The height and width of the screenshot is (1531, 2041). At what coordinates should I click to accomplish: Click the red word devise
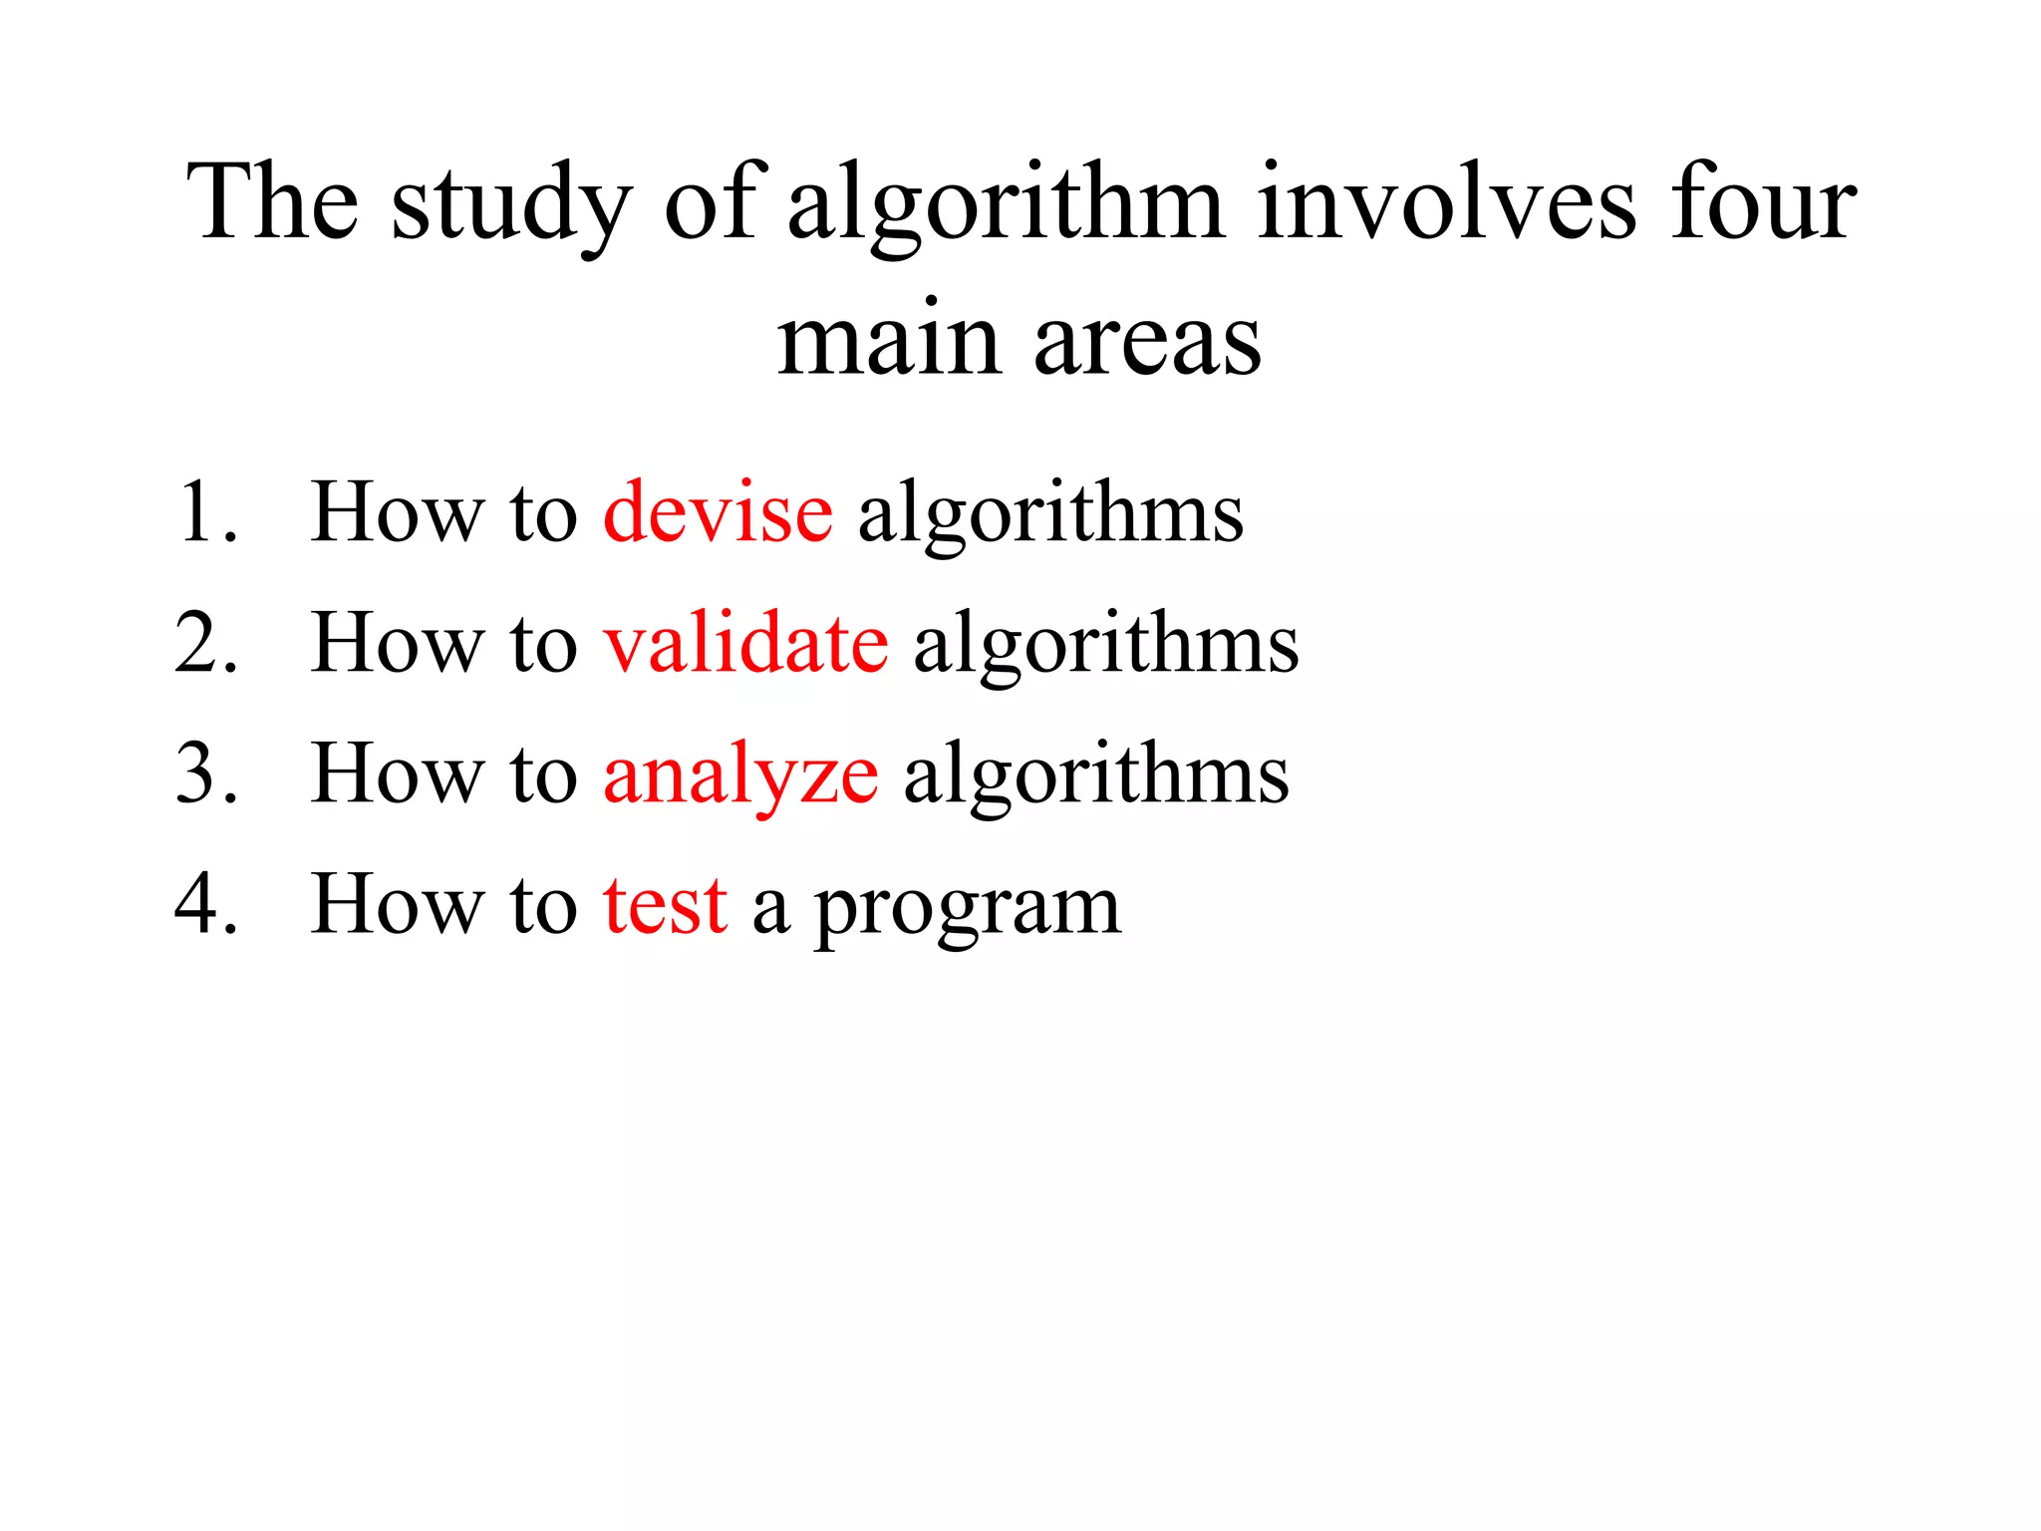pos(718,512)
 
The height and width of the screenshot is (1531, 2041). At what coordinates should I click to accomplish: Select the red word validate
pos(745,643)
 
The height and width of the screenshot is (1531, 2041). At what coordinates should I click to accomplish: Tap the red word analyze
pos(740,775)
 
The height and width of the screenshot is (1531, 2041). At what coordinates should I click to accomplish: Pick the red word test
pos(665,905)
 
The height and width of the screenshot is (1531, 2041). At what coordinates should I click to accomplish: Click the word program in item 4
pos(967,909)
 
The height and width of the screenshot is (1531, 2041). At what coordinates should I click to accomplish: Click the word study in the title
pos(511,205)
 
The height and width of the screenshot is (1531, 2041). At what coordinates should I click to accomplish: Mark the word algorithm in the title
pos(1006,205)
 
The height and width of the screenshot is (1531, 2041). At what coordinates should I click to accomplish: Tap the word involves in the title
pos(1446,203)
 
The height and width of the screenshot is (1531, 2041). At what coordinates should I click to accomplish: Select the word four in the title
pos(1763,203)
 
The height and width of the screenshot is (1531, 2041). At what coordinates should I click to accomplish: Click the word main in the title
pos(888,341)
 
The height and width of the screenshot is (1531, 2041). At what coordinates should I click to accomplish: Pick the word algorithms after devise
pos(1050,514)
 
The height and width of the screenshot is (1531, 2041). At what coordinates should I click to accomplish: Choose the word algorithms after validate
pos(1106,645)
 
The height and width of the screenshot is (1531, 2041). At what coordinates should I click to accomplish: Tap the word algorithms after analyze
pos(1096,775)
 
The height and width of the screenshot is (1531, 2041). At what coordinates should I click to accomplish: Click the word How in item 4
pos(395,904)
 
